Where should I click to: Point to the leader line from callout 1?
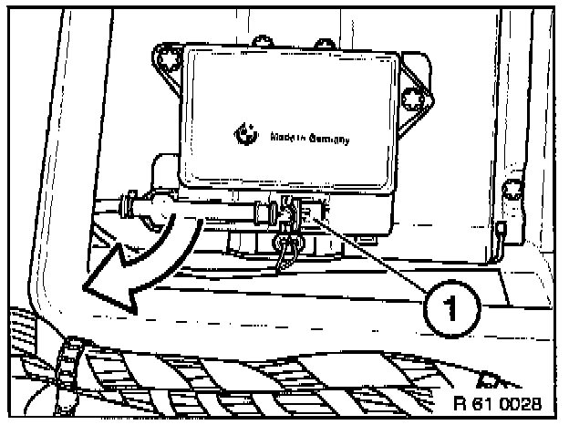pos(374,256)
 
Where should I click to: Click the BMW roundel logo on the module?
pos(243,133)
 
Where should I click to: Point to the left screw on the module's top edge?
pos(262,40)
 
